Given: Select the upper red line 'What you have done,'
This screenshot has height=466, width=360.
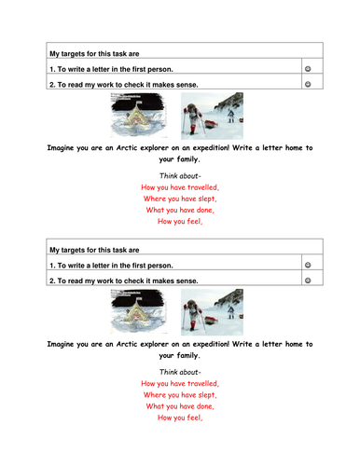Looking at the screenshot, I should (180, 210).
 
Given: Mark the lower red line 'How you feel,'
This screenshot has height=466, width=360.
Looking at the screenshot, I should (180, 418).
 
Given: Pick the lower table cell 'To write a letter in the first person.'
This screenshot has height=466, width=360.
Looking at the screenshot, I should (118, 266).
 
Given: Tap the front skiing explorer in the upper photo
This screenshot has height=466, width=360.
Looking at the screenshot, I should (195, 114).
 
